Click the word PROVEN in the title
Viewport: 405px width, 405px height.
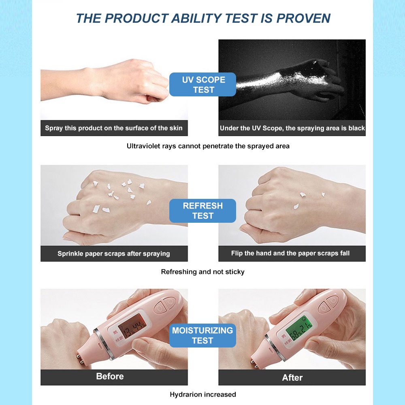[303, 18]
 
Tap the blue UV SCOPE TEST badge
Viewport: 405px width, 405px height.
[203, 85]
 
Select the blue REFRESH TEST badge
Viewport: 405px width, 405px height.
[203, 211]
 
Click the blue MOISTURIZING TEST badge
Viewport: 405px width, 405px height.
[203, 335]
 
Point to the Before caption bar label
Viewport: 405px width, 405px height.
[110, 376]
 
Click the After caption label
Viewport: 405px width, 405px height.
[292, 377]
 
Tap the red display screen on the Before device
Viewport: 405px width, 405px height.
[132, 326]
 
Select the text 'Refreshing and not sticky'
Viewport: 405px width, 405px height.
[203, 272]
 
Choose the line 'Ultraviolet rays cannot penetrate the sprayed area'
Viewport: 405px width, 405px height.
[208, 146]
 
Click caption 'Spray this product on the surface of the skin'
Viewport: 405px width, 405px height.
[114, 128]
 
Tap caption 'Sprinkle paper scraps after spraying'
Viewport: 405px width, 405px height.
[114, 254]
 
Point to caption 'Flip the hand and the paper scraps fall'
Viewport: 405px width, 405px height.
[290, 253]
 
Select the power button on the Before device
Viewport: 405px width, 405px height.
[170, 302]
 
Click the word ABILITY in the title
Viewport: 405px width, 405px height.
[196, 18]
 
